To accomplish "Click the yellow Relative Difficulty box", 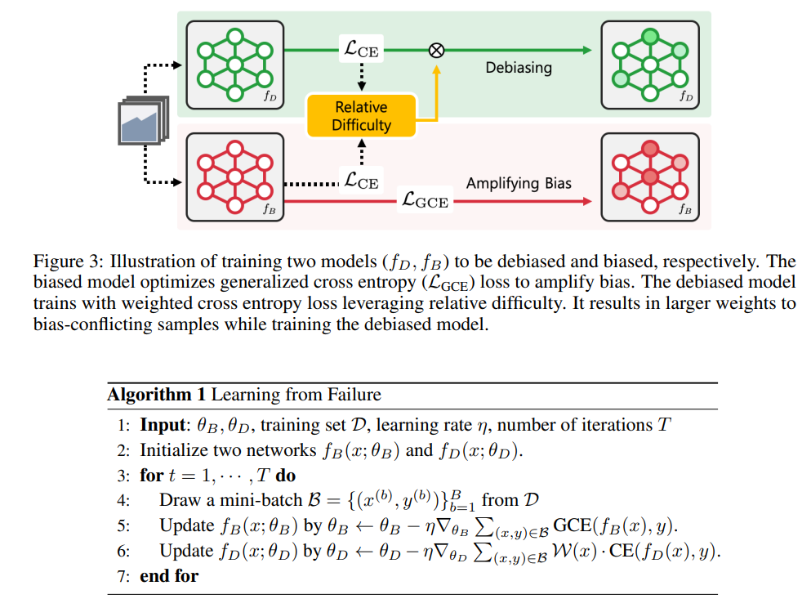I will click(x=361, y=116).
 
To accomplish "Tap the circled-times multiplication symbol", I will click(x=437, y=50).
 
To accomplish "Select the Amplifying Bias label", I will click(x=519, y=183).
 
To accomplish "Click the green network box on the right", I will click(x=649, y=64).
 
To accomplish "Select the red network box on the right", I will click(x=649, y=177).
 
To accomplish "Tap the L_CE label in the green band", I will click(x=361, y=50).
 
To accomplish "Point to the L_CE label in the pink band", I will click(x=361, y=181).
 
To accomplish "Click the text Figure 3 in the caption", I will click(x=62, y=262).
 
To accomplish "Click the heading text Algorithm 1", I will click(x=156, y=396).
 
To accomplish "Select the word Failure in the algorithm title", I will click(x=354, y=396).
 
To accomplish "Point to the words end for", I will click(x=169, y=575).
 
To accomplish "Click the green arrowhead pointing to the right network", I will click(x=586, y=50).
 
